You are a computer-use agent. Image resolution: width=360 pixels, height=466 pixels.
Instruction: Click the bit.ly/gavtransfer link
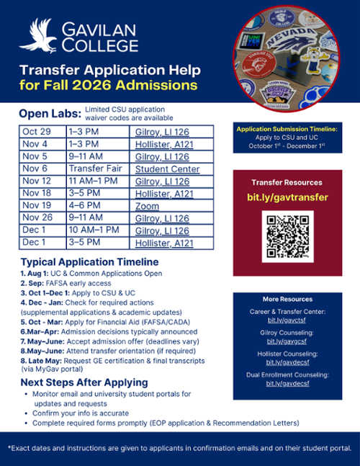point(287,197)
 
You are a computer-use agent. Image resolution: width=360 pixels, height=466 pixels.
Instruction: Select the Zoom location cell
point(146,205)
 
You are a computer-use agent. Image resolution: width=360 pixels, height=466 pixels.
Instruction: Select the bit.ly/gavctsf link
point(287,319)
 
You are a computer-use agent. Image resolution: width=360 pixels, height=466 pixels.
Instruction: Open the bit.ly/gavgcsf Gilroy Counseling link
point(287,341)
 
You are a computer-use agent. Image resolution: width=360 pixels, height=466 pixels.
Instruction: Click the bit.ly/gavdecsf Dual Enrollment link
point(287,384)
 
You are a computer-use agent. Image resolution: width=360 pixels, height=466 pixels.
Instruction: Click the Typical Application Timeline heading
point(89,261)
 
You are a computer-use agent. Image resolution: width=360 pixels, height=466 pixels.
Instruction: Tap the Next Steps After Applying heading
point(84,382)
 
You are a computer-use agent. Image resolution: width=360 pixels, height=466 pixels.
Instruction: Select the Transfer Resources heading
point(287,182)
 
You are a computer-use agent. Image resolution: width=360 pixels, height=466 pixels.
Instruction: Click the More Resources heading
point(287,299)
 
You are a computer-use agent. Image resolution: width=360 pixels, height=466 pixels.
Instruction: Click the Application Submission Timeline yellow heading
point(287,128)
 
